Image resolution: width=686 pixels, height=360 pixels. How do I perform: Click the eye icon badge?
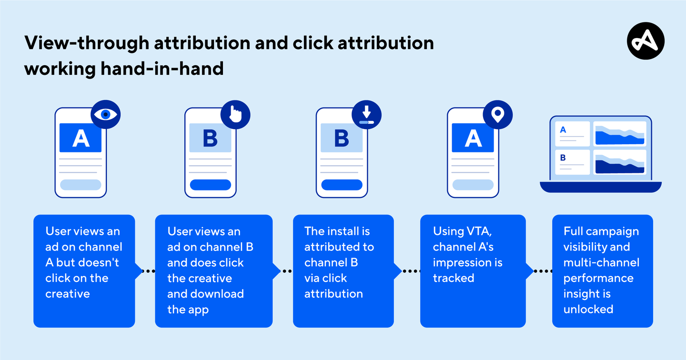tap(105, 115)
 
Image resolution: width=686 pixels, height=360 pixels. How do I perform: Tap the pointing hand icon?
tap(235, 115)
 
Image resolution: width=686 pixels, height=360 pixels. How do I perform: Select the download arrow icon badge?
tap(366, 115)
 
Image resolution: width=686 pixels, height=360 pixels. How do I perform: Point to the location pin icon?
tap(497, 115)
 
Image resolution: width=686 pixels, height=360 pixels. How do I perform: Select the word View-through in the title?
tap(86, 43)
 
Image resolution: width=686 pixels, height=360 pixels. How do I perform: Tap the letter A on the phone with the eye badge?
tap(81, 138)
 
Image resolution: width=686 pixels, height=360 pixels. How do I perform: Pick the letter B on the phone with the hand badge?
tap(210, 138)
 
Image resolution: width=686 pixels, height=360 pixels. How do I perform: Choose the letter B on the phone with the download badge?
tap(342, 138)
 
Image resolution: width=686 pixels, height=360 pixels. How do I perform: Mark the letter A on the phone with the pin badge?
tap(473, 138)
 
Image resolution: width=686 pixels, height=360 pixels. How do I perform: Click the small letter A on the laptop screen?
tap(563, 130)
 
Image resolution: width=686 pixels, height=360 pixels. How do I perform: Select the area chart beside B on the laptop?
tap(619, 163)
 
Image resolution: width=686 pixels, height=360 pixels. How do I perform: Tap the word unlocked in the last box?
tap(588, 310)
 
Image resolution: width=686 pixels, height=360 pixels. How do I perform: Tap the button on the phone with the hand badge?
tap(210, 185)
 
